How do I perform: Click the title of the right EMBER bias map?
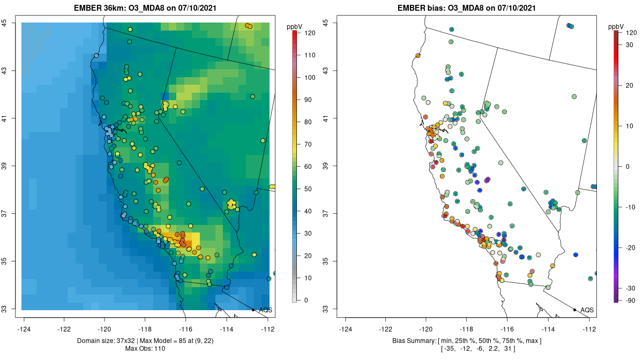(467, 8)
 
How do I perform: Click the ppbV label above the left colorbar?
(294, 26)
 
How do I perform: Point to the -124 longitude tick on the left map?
(25, 328)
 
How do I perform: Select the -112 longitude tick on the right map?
(589, 328)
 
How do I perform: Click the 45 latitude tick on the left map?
(5, 23)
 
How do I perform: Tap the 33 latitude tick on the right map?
(326, 309)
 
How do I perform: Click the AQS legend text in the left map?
(265, 310)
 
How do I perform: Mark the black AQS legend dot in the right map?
(574, 310)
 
